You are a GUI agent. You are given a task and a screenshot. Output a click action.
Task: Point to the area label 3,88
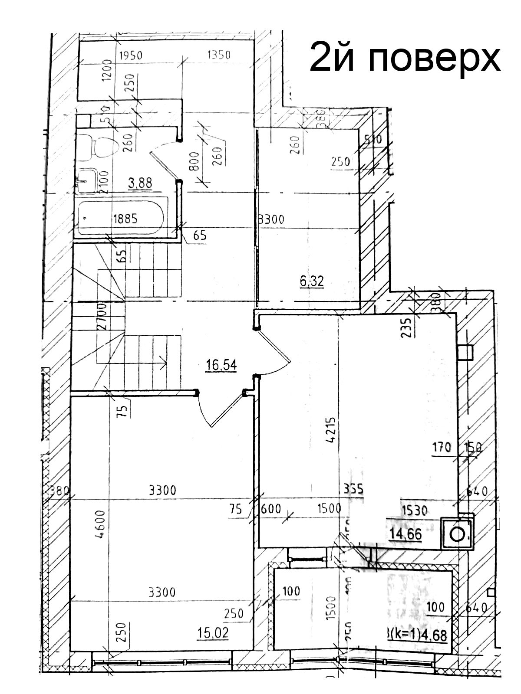(140, 183)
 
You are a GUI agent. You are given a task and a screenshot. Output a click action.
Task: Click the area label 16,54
(221, 365)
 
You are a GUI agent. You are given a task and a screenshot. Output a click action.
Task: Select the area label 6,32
(312, 281)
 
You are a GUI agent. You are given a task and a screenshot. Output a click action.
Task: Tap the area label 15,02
(213, 633)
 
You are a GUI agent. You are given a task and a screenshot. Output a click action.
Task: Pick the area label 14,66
(405, 534)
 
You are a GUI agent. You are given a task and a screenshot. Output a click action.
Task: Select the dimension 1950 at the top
(131, 56)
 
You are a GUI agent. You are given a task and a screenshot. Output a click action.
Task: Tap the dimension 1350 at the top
(219, 55)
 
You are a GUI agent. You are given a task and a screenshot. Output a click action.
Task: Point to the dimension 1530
(415, 511)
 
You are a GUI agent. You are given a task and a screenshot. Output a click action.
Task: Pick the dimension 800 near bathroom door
(194, 161)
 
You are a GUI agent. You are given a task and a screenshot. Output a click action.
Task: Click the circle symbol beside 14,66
(457, 534)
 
